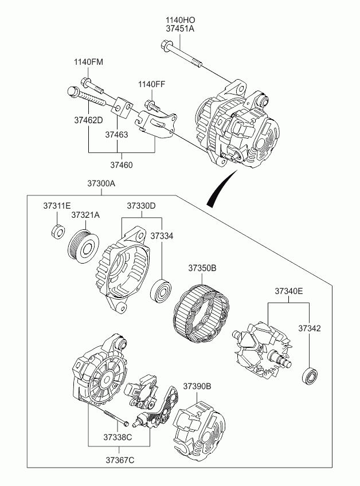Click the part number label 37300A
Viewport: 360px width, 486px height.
tap(101, 183)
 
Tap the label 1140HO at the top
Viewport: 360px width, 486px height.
tap(180, 20)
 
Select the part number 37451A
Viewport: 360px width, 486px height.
tap(180, 29)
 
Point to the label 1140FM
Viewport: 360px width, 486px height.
tap(88, 62)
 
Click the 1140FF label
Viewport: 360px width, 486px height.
tap(152, 84)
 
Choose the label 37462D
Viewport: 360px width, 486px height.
tap(88, 120)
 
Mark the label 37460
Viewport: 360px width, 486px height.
tap(121, 165)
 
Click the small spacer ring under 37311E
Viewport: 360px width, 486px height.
tap(58, 231)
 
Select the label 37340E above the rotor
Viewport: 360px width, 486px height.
tap(289, 291)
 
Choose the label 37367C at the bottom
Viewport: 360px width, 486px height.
tap(120, 460)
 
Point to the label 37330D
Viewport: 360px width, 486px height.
tap(141, 206)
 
